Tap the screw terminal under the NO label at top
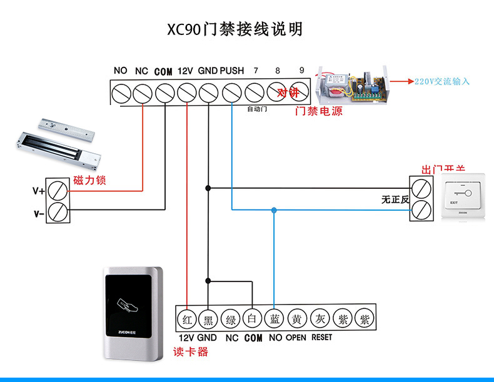pos(120,93)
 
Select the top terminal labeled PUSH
pos(231,93)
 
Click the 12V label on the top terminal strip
pos(184,71)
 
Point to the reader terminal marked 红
pos(186,319)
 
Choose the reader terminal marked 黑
pos(208,319)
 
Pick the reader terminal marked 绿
pos(231,319)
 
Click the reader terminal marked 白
pos(253,319)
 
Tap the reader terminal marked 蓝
pos(274,319)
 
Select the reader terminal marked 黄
pos(297,319)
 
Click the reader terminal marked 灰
pos(320,319)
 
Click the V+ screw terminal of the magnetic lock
pos(60,189)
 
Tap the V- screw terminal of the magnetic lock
pos(60,212)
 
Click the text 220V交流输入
pos(441,81)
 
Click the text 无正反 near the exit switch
pos(395,199)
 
